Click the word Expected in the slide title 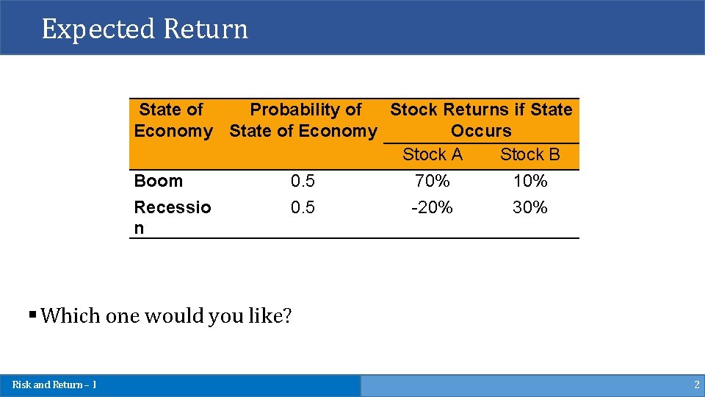[99, 29]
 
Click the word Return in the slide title [206, 29]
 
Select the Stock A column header [433, 154]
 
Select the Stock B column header [530, 154]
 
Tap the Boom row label [158, 181]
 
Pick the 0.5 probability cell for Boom [303, 181]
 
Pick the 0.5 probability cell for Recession [303, 207]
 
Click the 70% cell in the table [433, 181]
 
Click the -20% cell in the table [433, 207]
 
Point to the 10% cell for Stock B [530, 181]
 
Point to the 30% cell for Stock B [530, 207]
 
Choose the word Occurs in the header [481, 131]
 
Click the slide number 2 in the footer [696, 385]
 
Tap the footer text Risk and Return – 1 [54, 385]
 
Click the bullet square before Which [32, 314]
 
